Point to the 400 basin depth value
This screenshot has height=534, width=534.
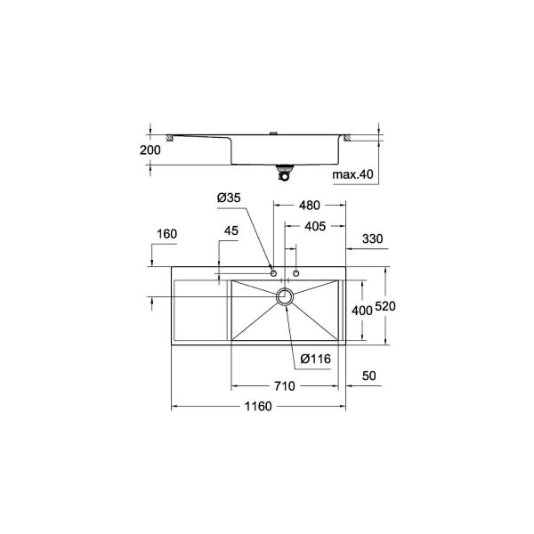point(360,311)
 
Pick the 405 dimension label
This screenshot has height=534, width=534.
point(314,227)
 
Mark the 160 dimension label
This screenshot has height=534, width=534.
point(166,234)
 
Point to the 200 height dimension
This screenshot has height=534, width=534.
point(151,150)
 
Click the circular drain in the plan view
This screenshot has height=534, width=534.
point(285,297)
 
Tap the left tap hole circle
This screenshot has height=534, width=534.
point(274,272)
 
